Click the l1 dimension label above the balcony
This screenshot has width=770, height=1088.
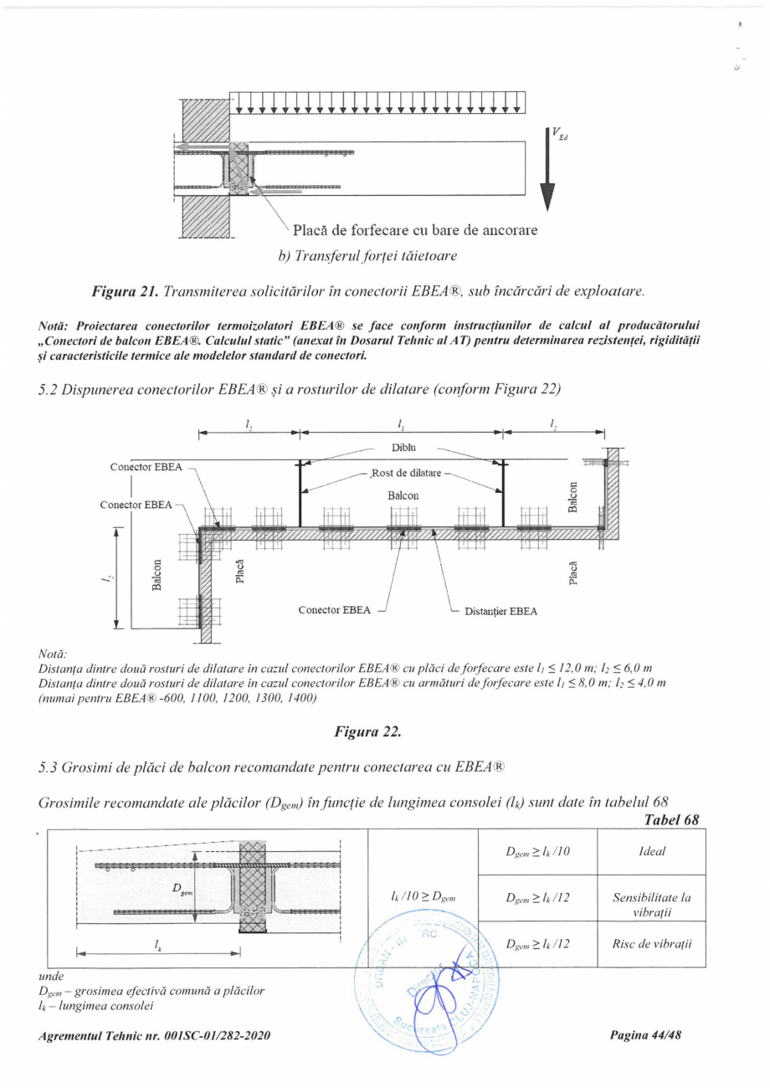(401, 425)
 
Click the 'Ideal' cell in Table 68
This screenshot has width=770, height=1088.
(650, 851)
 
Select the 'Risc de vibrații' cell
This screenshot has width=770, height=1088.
(650, 944)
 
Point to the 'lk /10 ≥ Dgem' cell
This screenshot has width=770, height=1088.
(422, 898)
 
